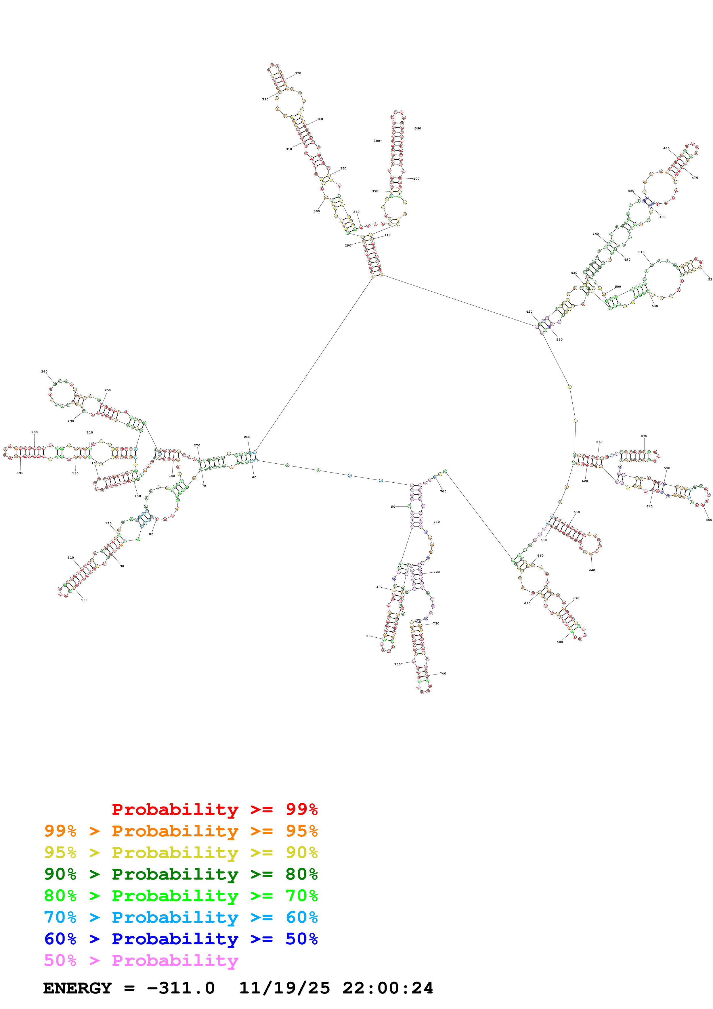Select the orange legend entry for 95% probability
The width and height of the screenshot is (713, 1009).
point(181,831)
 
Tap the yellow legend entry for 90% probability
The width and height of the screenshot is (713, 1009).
point(181,853)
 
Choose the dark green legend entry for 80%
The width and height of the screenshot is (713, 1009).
point(181,874)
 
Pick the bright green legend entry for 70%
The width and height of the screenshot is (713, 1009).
point(181,896)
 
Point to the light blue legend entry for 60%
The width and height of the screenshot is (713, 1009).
point(181,917)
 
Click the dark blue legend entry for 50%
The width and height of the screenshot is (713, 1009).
point(181,939)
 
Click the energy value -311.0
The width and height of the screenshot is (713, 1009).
point(181,988)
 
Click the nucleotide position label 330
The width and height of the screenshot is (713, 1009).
point(298,73)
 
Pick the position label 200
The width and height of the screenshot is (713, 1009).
point(35,432)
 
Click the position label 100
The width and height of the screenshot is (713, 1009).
point(84,600)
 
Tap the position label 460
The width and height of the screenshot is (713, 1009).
point(666,148)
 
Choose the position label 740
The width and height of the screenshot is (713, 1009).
point(443,674)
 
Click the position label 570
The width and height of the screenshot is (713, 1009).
point(644,436)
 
